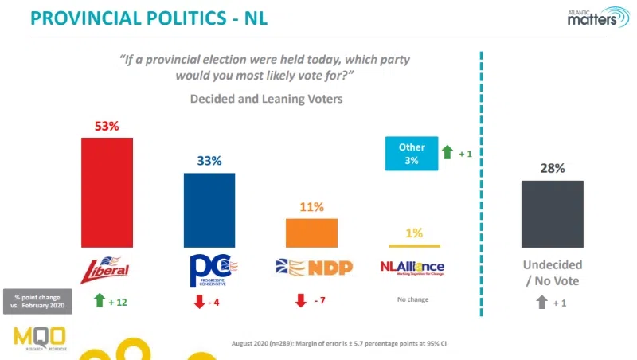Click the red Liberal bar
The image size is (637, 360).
click(x=107, y=192)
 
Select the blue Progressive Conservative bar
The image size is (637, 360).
click(x=209, y=210)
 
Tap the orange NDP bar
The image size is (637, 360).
click(x=311, y=233)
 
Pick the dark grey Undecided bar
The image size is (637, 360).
click(x=552, y=213)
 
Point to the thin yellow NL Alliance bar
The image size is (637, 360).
click(x=413, y=246)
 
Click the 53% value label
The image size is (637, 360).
click(x=107, y=126)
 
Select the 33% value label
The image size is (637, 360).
click(x=209, y=161)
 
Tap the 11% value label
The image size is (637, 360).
click(x=311, y=207)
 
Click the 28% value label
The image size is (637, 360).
click(x=552, y=168)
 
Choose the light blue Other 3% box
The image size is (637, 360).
click(x=412, y=154)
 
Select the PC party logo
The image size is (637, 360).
click(x=209, y=270)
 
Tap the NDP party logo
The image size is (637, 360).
click(x=311, y=268)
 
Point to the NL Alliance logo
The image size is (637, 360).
click(x=412, y=268)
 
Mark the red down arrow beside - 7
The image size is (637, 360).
click(x=300, y=301)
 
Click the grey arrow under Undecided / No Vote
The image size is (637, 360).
click(x=541, y=302)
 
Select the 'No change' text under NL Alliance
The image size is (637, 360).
click(x=412, y=300)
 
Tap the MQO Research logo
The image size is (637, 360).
click(x=40, y=338)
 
